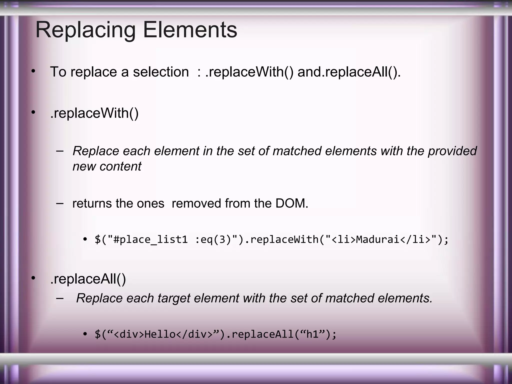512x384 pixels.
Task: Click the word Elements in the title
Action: (x=190, y=30)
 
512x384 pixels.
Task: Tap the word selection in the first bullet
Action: (x=161, y=72)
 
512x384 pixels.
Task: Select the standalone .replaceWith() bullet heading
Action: (x=94, y=113)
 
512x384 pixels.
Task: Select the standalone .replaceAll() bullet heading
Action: (x=88, y=279)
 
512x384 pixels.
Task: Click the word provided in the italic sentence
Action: (x=452, y=151)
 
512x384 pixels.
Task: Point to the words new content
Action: (x=107, y=166)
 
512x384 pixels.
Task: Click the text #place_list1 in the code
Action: (x=150, y=239)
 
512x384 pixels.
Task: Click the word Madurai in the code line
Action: (x=377, y=239)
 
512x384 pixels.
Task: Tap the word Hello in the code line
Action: (x=160, y=334)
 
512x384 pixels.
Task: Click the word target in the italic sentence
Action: (x=174, y=298)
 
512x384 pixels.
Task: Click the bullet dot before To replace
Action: (x=33, y=71)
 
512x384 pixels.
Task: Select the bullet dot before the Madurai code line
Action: (x=85, y=240)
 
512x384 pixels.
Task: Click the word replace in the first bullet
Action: (x=93, y=72)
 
